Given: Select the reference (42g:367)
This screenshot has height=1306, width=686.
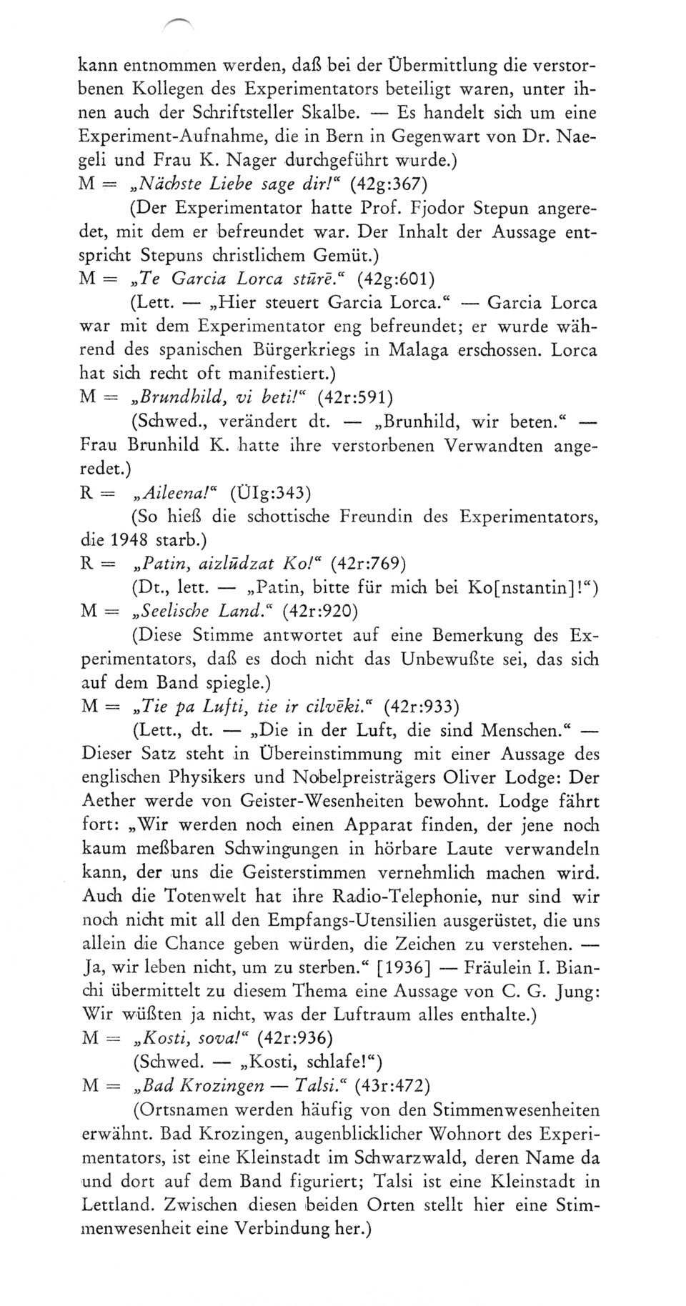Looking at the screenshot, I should (389, 184).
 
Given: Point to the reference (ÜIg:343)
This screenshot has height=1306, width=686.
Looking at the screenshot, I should (271, 492).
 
